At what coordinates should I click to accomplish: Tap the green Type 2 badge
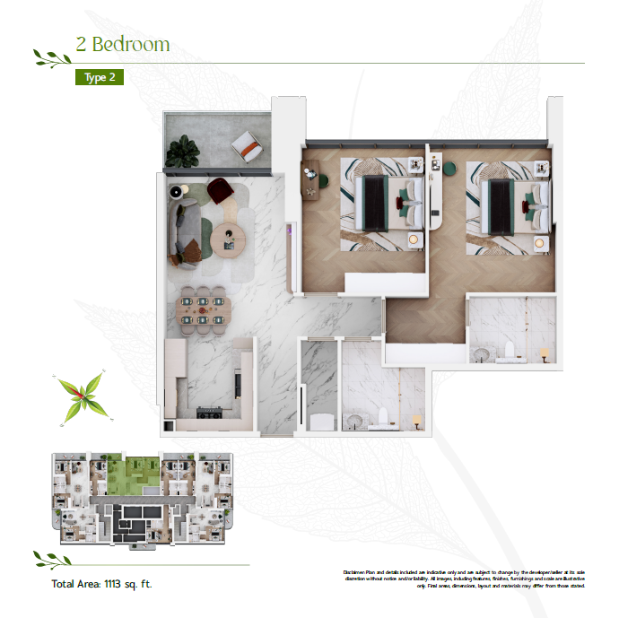(x=99, y=77)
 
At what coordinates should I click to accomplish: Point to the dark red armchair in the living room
(x=219, y=190)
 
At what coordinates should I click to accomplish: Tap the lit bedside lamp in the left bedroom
(x=414, y=239)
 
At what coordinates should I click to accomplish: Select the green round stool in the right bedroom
(x=449, y=167)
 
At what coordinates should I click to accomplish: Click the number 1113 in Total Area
(x=118, y=585)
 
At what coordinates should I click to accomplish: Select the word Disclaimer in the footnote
(x=358, y=571)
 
